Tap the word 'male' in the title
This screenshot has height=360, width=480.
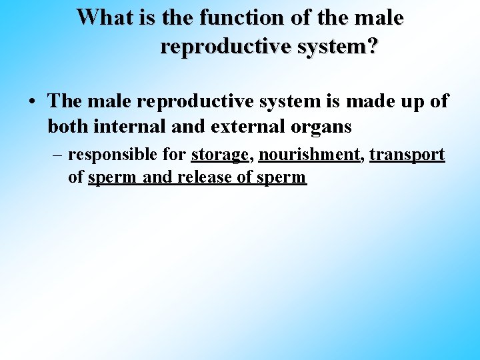pyautogui.click(x=379, y=17)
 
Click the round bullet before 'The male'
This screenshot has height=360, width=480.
pyautogui.click(x=33, y=103)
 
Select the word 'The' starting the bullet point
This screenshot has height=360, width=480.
pyautogui.click(x=64, y=101)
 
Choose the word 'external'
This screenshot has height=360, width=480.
pyautogui.click(x=230, y=125)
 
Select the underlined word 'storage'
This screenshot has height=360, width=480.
pyautogui.click(x=219, y=155)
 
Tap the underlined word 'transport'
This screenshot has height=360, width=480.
pyautogui.click(x=407, y=155)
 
